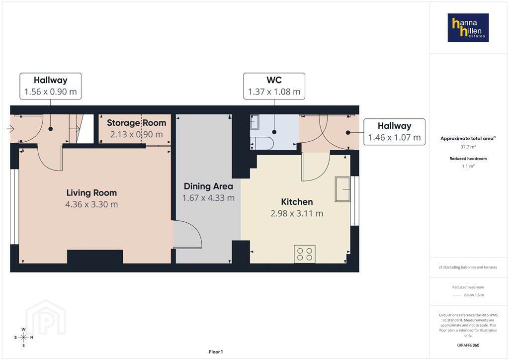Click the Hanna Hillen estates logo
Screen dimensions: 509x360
point(468,27)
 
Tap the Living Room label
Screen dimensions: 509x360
point(91,193)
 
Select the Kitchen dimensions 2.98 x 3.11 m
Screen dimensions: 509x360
point(297,214)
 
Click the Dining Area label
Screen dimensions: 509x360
point(208,186)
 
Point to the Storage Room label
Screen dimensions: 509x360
point(136,123)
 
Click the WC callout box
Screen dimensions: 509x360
point(274,86)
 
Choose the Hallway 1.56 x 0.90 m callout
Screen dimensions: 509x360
point(51,86)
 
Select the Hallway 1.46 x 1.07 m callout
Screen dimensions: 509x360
point(394,132)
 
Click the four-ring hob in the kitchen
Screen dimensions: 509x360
point(305,254)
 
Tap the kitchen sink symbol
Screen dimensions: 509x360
point(343,189)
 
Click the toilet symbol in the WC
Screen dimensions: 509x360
point(262,143)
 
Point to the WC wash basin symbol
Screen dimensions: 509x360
point(254,122)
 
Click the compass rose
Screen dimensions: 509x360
point(23,337)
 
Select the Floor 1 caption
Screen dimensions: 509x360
point(216,352)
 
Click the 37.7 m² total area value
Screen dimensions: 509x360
point(468,147)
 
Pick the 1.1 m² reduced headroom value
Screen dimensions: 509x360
point(468,166)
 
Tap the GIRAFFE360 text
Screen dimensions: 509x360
point(468,346)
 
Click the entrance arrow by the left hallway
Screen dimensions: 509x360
point(10,129)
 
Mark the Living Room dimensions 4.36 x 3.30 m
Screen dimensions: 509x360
point(91,204)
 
